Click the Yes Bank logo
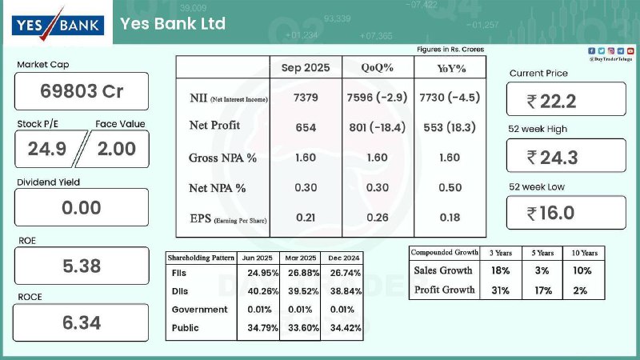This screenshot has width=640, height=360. point(58,22)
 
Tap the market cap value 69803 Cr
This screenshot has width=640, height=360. point(82,91)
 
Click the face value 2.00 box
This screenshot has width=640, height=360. point(117,148)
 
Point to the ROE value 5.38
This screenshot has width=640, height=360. point(82,266)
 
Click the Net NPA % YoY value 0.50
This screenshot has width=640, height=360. point(450,187)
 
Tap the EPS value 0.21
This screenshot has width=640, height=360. point(306,218)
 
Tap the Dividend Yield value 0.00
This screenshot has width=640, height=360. point(82,208)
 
